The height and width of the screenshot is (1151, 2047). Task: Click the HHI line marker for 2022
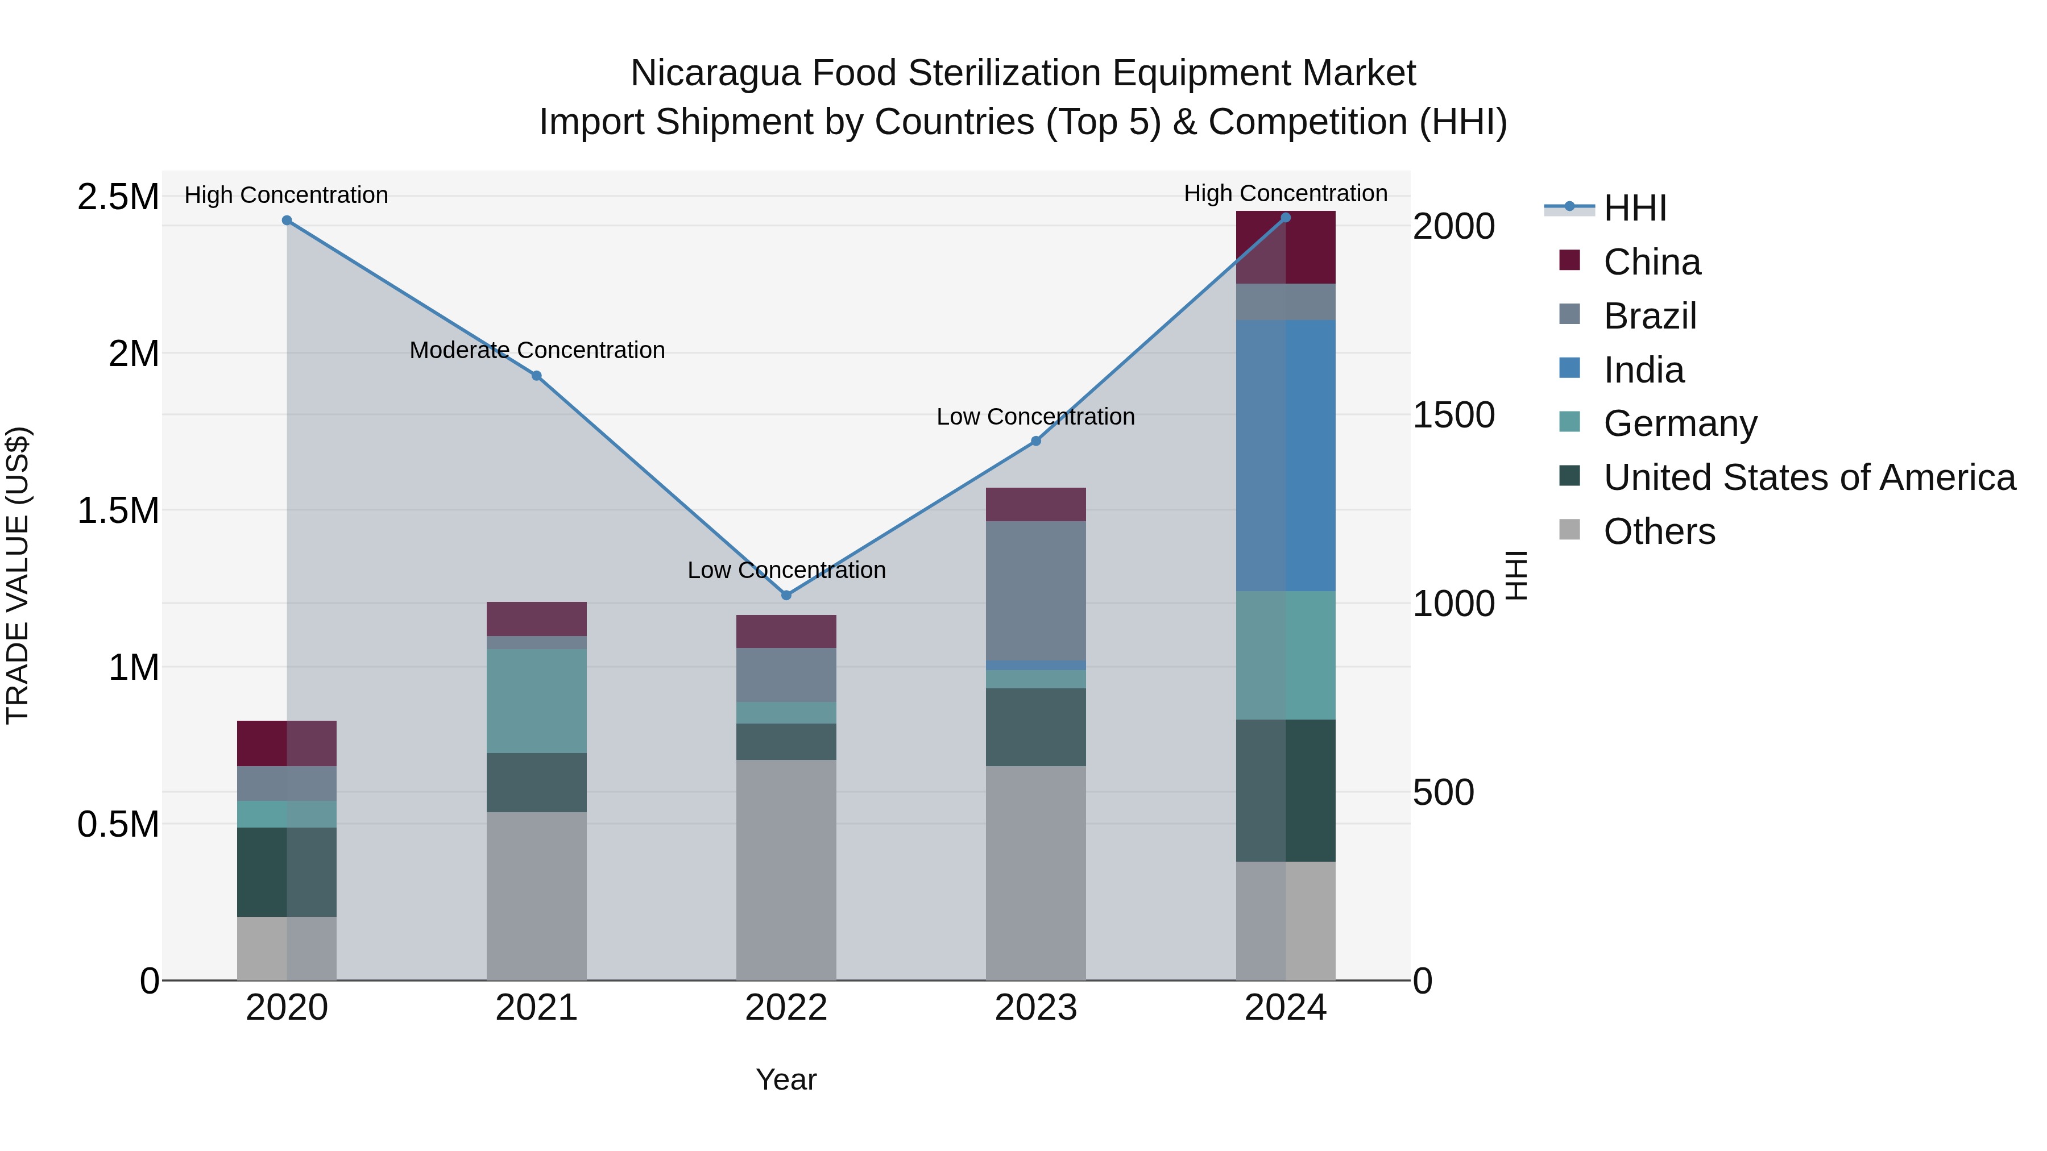(x=786, y=595)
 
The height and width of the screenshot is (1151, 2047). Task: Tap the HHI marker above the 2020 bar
(x=287, y=221)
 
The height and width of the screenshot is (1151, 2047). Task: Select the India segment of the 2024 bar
(x=1286, y=455)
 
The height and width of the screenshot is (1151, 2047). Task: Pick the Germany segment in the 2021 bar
(x=536, y=701)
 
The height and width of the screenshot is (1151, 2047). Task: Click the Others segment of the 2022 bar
(x=786, y=870)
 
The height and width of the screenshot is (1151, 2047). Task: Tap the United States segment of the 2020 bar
(x=287, y=871)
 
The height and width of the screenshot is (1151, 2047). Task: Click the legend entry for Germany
(x=1679, y=423)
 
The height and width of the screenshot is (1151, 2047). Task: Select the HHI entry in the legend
(x=1634, y=208)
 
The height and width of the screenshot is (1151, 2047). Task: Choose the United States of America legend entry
(x=1809, y=477)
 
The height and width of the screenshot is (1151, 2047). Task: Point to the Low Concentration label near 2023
(x=1035, y=417)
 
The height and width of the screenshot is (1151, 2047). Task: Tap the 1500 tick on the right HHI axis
(x=1453, y=415)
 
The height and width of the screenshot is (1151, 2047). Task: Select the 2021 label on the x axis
(x=536, y=1008)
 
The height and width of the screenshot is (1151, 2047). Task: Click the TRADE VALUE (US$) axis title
(x=18, y=575)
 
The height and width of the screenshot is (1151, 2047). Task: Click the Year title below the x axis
(x=786, y=1079)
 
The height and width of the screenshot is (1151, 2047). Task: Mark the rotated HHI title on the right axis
(x=1516, y=575)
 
